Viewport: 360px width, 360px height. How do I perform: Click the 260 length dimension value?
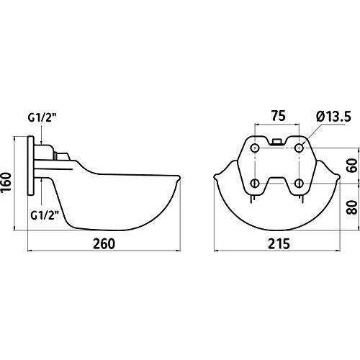(104, 244)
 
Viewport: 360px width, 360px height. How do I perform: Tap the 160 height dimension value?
(6, 182)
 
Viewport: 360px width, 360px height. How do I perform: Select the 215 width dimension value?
(279, 244)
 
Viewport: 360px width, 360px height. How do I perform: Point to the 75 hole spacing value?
(279, 116)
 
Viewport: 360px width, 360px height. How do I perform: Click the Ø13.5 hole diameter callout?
(333, 117)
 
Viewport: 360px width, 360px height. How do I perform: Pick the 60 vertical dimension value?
(352, 166)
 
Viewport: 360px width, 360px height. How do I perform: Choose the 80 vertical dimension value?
(352, 207)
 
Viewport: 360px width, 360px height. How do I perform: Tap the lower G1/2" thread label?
(45, 215)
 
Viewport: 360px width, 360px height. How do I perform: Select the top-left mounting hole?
(254, 148)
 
